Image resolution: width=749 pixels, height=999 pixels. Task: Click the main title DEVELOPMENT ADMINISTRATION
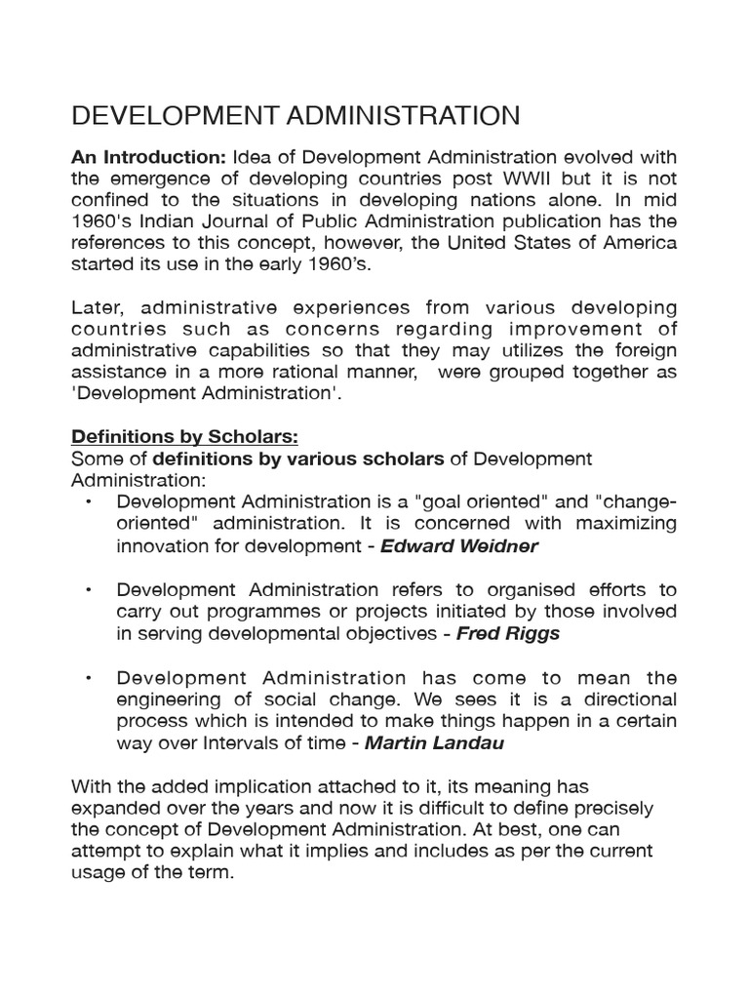coord(296,116)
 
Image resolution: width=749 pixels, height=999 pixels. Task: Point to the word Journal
coord(216,222)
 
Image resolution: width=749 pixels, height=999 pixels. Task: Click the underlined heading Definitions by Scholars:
coord(179,435)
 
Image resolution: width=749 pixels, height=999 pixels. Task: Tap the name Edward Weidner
coord(458,546)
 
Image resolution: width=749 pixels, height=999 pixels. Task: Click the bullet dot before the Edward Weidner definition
coord(89,502)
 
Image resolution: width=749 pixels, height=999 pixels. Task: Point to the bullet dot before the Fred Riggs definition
coord(89,590)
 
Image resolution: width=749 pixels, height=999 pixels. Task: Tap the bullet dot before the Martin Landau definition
coord(89,678)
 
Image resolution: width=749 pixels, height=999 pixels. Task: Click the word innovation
coord(163,546)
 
